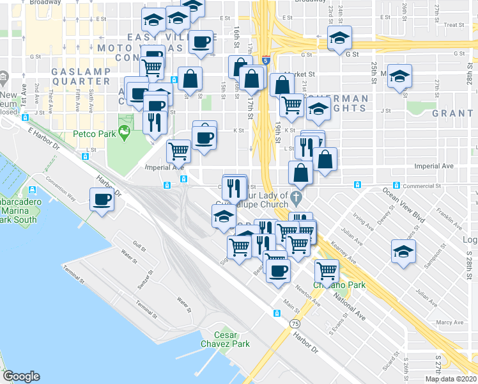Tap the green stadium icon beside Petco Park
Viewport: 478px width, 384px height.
[124, 132]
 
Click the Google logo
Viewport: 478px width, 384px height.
[21, 376]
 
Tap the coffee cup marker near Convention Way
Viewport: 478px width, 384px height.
[102, 200]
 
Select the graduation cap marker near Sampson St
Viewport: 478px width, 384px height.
[403, 252]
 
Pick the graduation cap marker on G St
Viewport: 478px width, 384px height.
[339, 38]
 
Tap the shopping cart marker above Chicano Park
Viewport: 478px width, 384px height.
[327, 271]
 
